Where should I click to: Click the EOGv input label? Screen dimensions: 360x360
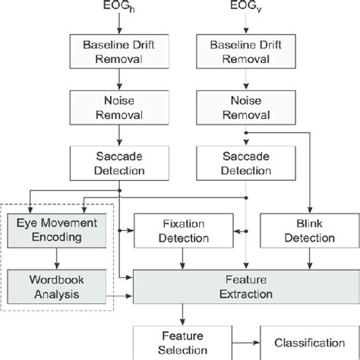point(244,8)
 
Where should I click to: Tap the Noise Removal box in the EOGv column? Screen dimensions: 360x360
point(244,106)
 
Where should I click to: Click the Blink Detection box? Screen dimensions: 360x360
point(308,231)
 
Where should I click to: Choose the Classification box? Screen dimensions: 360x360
point(307,342)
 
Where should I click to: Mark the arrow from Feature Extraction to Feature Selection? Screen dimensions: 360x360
point(182,314)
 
